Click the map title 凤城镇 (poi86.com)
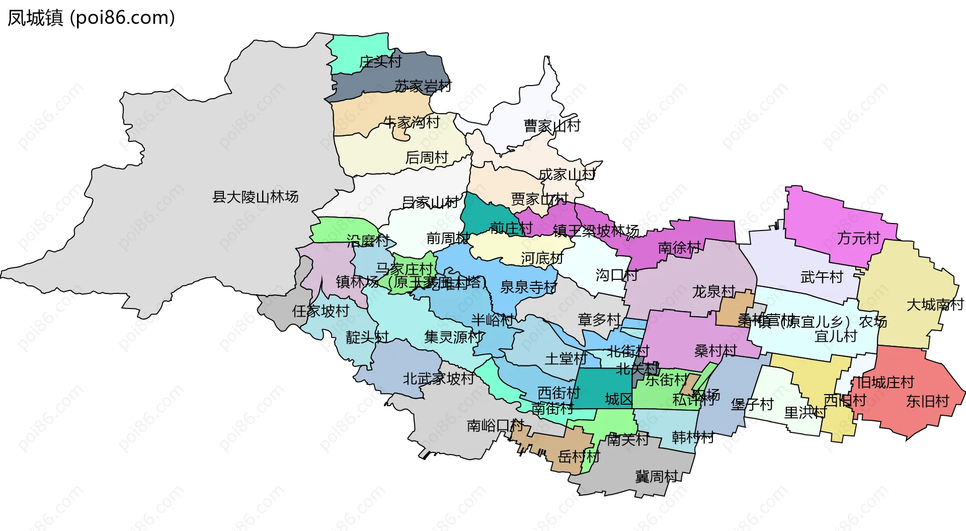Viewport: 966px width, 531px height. [91, 18]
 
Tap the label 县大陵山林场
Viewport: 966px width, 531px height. [255, 197]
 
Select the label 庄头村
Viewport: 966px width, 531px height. [380, 62]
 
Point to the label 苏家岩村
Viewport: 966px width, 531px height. [423, 86]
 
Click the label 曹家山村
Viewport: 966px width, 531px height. [552, 126]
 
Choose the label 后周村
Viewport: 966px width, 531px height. [427, 158]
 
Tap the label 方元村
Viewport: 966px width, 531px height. [858, 238]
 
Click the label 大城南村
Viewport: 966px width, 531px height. [935, 305]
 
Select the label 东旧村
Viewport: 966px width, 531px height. [927, 401]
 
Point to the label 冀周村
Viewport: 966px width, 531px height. [656, 476]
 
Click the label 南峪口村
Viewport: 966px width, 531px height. [495, 425]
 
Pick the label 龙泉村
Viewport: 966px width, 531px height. [713, 291]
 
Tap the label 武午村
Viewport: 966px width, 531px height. [821, 277]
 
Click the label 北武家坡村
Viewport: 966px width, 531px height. [438, 378]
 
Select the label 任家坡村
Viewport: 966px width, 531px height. [320, 311]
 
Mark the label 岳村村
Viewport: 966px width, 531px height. [579, 457]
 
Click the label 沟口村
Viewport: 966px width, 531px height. [616, 275]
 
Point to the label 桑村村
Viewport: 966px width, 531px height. [715, 351]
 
